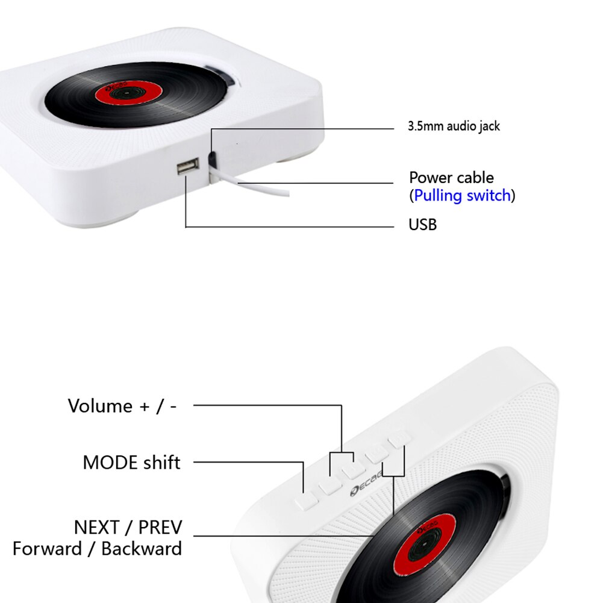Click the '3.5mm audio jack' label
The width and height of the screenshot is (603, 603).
click(x=454, y=127)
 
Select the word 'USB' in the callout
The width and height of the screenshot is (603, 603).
click(x=423, y=225)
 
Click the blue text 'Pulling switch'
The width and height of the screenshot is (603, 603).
click(x=463, y=196)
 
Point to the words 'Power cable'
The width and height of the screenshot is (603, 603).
click(x=451, y=178)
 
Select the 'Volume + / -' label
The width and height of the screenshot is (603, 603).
click(x=122, y=406)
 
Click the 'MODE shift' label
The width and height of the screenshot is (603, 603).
click(x=131, y=463)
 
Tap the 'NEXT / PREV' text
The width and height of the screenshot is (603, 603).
click(x=128, y=528)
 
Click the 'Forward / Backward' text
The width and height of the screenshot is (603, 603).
click(x=97, y=549)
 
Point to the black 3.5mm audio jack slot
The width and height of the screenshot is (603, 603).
click(x=213, y=158)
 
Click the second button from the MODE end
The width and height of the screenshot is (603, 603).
click(x=331, y=485)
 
